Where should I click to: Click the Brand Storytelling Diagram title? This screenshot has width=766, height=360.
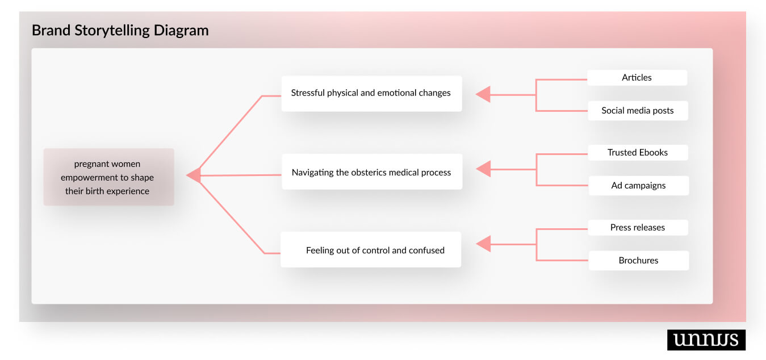pyautogui.click(x=120, y=30)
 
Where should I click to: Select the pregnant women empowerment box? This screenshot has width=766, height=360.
pyautogui.click(x=108, y=177)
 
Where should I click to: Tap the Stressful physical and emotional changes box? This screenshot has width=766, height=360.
pyautogui.click(x=371, y=93)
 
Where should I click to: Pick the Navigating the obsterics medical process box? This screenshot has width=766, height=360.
pyautogui.click(x=371, y=171)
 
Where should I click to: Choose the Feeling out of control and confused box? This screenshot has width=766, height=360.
pyautogui.click(x=371, y=249)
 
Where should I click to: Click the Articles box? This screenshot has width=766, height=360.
pyautogui.click(x=637, y=78)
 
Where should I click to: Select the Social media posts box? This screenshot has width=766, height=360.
pyautogui.click(x=637, y=111)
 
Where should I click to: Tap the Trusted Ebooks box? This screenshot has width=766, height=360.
pyautogui.click(x=638, y=152)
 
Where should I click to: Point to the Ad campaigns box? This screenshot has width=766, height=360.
pyautogui.click(x=638, y=186)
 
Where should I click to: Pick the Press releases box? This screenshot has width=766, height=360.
pyautogui.click(x=638, y=227)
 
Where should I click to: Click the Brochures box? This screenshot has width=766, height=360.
pyautogui.click(x=638, y=261)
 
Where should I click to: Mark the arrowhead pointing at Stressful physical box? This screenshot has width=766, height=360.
pyautogui.click(x=483, y=94)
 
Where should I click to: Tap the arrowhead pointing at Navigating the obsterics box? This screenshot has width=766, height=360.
pyautogui.click(x=483, y=169)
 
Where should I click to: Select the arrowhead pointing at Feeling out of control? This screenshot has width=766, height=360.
pyautogui.click(x=483, y=244)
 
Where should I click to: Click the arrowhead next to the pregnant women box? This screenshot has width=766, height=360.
pyautogui.click(x=194, y=175)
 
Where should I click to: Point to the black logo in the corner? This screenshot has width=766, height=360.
pyautogui.click(x=706, y=340)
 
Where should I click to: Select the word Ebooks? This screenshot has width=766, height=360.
pyautogui.click(x=653, y=152)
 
